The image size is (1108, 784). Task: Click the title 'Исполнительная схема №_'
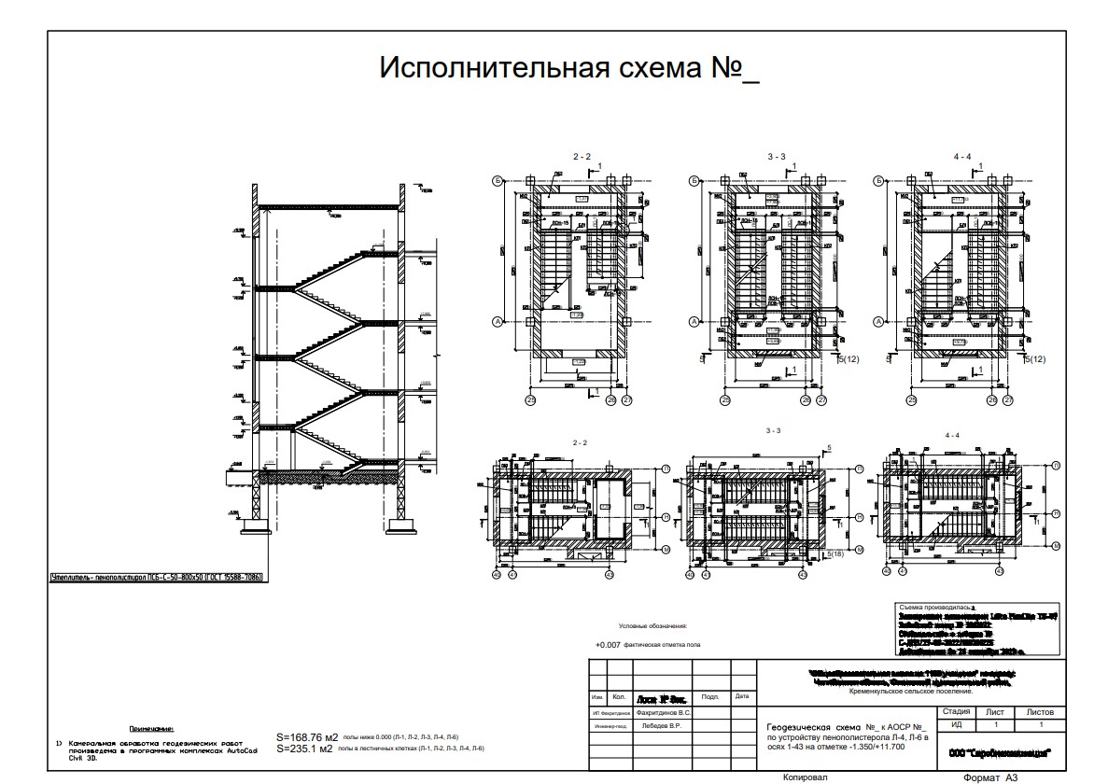pyautogui.click(x=568, y=68)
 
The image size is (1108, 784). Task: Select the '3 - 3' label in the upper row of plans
pyautogui.click(x=775, y=157)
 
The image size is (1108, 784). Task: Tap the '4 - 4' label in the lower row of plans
pyautogui.click(x=951, y=436)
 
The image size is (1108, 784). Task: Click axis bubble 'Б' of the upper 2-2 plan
pyautogui.click(x=498, y=181)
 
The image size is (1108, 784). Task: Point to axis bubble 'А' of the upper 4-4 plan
pyautogui.click(x=879, y=322)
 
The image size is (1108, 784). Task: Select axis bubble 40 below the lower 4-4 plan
pyautogui.click(x=885, y=575)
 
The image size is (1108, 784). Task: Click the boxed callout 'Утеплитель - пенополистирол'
pyautogui.click(x=157, y=578)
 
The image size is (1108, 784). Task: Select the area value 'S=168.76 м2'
pyautogui.click(x=307, y=736)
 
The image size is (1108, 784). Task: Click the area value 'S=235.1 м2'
pyautogui.click(x=305, y=748)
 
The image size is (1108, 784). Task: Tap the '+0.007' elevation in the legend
pyautogui.click(x=608, y=645)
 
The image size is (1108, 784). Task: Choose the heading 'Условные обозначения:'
pyautogui.click(x=652, y=626)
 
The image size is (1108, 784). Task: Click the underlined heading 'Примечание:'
pyautogui.click(x=152, y=728)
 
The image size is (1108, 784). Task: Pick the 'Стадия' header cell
pyautogui.click(x=957, y=711)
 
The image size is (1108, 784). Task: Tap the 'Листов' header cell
pyautogui.click(x=1039, y=711)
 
